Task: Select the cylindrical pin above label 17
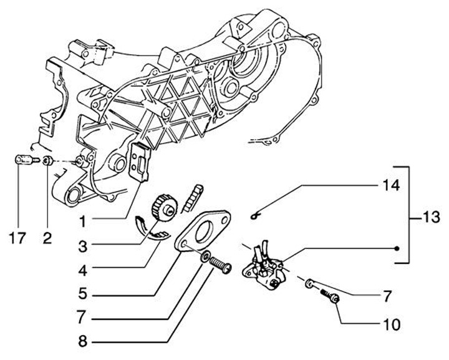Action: [x=23, y=162]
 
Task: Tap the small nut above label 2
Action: [x=47, y=162]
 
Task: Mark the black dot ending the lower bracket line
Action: [x=397, y=247]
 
